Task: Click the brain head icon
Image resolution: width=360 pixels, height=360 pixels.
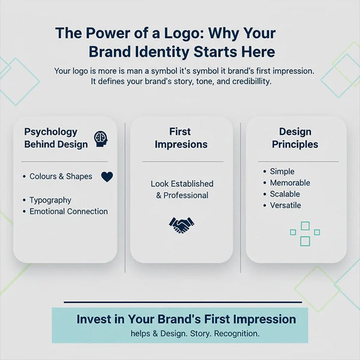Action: pyautogui.click(x=100, y=139)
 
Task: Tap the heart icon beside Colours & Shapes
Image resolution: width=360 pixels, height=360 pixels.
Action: pyautogui.click(x=107, y=177)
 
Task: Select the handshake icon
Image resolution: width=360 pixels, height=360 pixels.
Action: pyautogui.click(x=181, y=225)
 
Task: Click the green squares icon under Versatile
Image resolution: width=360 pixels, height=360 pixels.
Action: pyautogui.click(x=304, y=233)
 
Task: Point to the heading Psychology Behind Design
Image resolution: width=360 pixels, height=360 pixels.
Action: pyautogui.click(x=51, y=138)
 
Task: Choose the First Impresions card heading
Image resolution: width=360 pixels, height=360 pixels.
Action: pyautogui.click(x=181, y=138)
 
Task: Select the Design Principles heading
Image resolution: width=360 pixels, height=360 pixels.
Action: pyautogui.click(x=295, y=138)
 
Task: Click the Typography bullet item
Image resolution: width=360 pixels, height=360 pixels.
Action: pyautogui.click(x=50, y=200)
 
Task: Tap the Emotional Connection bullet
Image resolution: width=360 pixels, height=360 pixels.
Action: pyautogui.click(x=68, y=211)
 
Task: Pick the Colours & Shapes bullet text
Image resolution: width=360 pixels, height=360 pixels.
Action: pyautogui.click(x=61, y=176)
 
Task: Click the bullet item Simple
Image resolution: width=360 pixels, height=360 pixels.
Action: pyautogui.click(x=282, y=172)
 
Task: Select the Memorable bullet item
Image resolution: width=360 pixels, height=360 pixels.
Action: pyautogui.click(x=290, y=183)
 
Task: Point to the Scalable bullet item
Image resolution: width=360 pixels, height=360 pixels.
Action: pyautogui.click(x=284, y=194)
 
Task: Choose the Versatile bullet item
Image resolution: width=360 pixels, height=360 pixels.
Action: pyautogui.click(x=286, y=206)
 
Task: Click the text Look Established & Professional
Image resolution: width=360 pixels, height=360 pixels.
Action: pyautogui.click(x=182, y=190)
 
